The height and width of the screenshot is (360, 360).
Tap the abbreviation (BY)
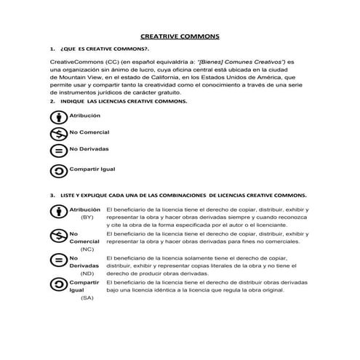87,217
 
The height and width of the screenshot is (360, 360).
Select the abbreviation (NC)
87,249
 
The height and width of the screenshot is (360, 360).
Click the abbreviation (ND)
87,273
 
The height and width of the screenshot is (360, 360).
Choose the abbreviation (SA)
87,298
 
